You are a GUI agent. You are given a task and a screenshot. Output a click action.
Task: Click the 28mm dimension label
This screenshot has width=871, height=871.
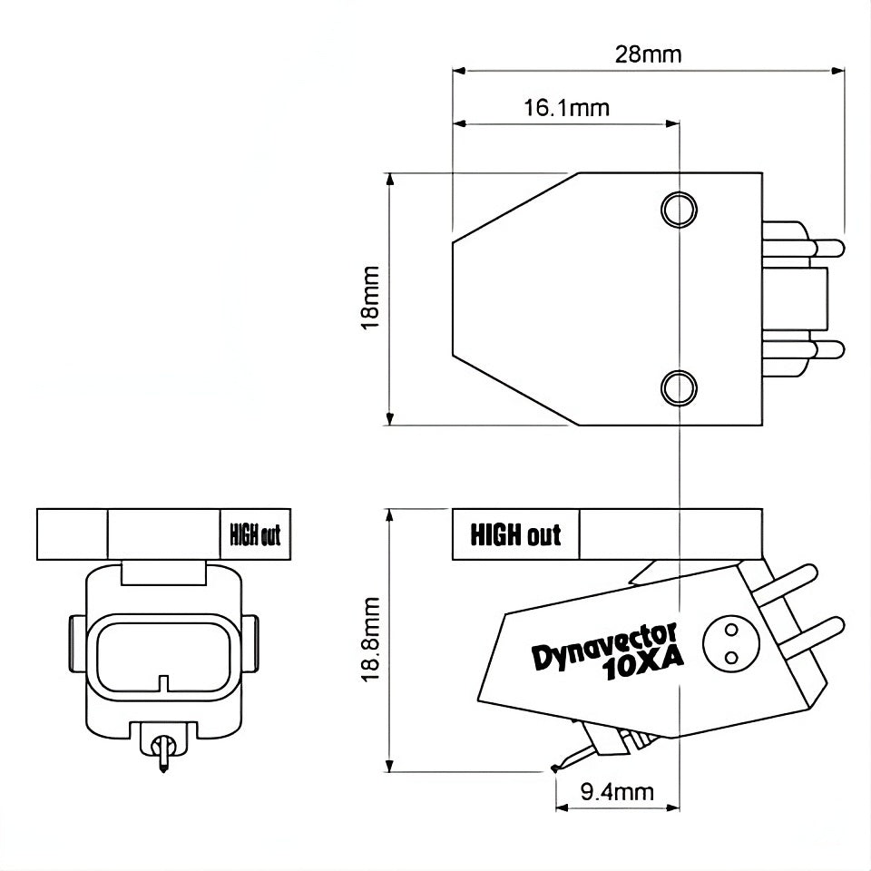pyautogui.click(x=648, y=54)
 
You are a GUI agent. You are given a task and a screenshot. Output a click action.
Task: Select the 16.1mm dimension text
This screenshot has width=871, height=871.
pyautogui.click(x=566, y=108)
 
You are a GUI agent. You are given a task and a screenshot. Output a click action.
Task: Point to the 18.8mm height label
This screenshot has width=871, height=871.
pyautogui.click(x=370, y=640)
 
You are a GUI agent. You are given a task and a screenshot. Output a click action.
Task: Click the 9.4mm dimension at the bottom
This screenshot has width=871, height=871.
pyautogui.click(x=616, y=792)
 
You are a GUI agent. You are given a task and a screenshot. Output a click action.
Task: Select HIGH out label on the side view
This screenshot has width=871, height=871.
pyautogui.click(x=514, y=535)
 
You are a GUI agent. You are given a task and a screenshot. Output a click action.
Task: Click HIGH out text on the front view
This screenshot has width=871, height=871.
pyautogui.click(x=251, y=535)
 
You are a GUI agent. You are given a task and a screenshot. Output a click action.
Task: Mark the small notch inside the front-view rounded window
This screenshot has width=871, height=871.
pyautogui.click(x=162, y=680)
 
